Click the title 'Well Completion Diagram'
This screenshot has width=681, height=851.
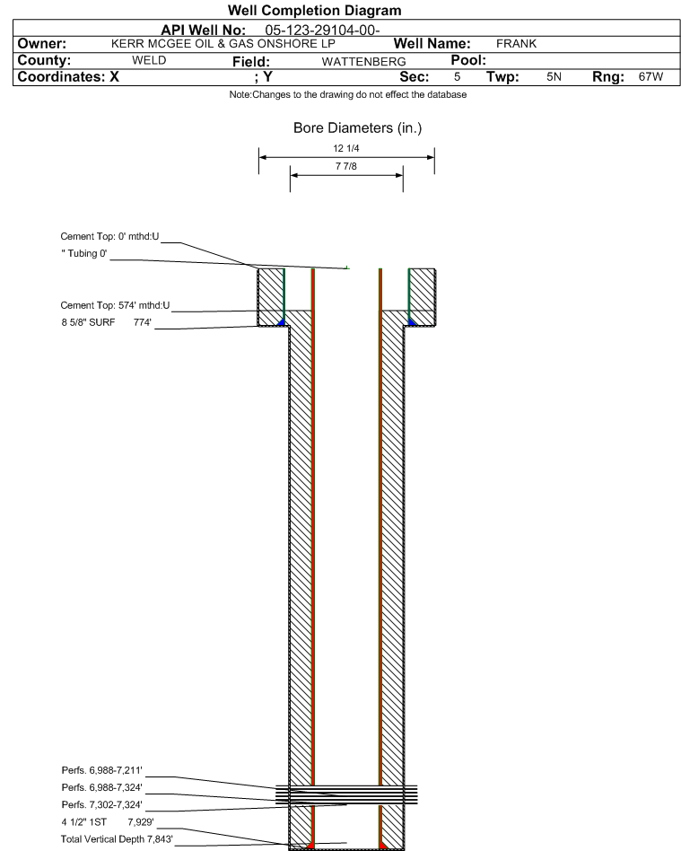pyautogui.click(x=314, y=10)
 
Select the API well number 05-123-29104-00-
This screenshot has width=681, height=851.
pyautogui.click(x=322, y=30)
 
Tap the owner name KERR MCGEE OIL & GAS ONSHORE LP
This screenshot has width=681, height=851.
pyautogui.click(x=223, y=43)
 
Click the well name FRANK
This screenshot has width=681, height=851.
pyautogui.click(x=516, y=43)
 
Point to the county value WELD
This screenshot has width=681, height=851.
pyautogui.click(x=149, y=60)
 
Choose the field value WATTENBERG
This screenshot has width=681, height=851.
pyautogui.click(x=363, y=61)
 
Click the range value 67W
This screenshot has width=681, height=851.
pyautogui.click(x=650, y=76)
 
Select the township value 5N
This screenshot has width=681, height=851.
pyautogui.click(x=554, y=76)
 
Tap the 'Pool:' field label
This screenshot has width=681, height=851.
pyautogui.click(x=468, y=60)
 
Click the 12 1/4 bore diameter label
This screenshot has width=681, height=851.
pyautogui.click(x=346, y=148)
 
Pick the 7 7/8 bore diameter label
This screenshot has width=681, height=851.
pyautogui.click(x=346, y=166)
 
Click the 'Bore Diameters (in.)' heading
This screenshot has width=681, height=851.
pyautogui.click(x=358, y=128)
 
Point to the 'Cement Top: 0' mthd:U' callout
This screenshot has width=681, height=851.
pyautogui.click(x=109, y=236)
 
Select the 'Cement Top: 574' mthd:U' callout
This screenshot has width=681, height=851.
pyautogui.click(x=115, y=305)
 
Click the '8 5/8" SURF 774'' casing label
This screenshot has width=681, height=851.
pyautogui.click(x=107, y=322)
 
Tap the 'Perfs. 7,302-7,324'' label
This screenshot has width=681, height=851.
pyautogui.click(x=102, y=804)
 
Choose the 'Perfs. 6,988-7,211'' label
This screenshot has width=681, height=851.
pyautogui.click(x=102, y=770)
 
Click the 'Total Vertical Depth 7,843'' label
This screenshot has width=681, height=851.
pyautogui.click(x=117, y=839)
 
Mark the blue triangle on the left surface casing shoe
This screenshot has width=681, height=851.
pyautogui.click(x=281, y=322)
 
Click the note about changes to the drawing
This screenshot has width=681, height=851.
pyautogui.click(x=348, y=94)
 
